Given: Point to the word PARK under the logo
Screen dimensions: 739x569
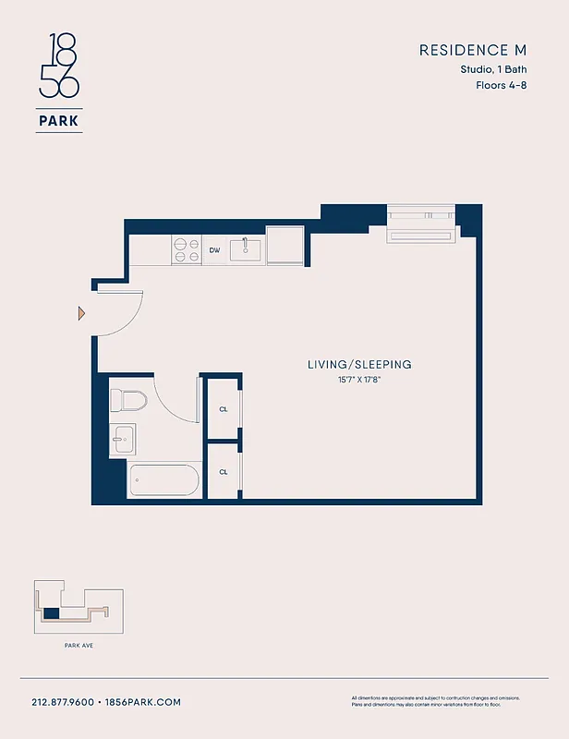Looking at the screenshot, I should pyautogui.click(x=59, y=120).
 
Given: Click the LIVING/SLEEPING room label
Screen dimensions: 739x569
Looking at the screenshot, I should pyautogui.click(x=359, y=365).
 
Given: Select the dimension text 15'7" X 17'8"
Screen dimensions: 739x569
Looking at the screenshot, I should pyautogui.click(x=359, y=380).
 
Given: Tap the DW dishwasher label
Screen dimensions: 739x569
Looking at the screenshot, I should pyautogui.click(x=214, y=249).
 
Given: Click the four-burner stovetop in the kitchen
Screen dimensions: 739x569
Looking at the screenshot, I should pyautogui.click(x=188, y=249).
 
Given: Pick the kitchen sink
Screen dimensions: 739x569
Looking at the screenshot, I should pyautogui.click(x=246, y=248).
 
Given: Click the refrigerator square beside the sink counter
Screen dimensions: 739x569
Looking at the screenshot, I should pyautogui.click(x=286, y=245).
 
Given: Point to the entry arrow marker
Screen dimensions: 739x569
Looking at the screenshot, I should pyautogui.click(x=81, y=314).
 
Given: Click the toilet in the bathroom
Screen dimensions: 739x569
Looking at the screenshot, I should pyautogui.click(x=128, y=401).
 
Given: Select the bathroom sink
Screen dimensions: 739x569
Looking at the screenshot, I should pyautogui.click(x=123, y=437).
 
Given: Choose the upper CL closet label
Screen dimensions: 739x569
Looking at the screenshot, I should pyautogui.click(x=224, y=408).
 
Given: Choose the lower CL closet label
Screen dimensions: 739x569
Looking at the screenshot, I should pyautogui.click(x=224, y=471).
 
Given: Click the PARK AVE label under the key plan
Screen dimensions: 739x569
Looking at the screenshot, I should pyautogui.click(x=79, y=646).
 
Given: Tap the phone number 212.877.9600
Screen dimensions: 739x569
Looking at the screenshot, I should pyautogui.click(x=63, y=702).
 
